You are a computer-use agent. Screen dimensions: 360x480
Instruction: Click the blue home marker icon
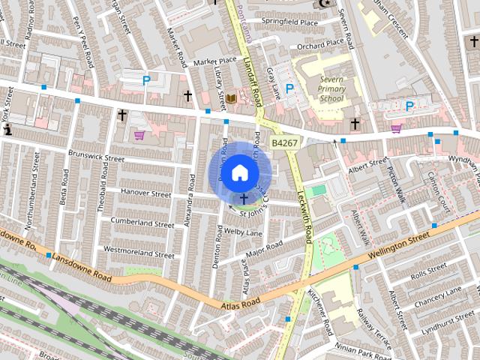click(238, 172)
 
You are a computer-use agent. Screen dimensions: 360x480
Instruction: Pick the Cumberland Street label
click(142, 222)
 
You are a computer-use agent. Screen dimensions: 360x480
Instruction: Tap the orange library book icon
click(232, 99)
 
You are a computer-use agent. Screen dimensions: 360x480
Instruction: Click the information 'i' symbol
click(7, 130)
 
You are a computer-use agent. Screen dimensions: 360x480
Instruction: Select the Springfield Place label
click(288, 22)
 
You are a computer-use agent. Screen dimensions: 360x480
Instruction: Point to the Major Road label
click(263, 247)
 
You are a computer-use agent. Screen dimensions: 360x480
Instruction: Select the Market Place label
click(214, 61)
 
